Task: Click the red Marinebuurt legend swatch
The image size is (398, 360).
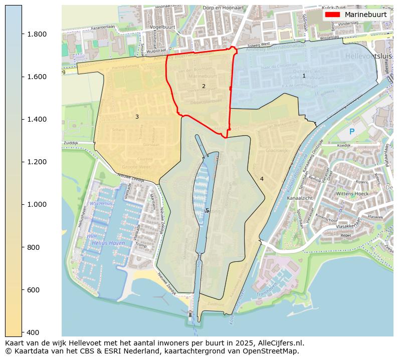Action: click(x=332, y=15)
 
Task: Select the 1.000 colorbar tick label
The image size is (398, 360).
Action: click(x=37, y=204)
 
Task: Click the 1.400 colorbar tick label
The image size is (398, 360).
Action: click(x=37, y=119)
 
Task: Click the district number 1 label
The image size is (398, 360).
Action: click(x=304, y=76)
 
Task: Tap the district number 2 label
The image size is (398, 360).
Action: click(x=204, y=86)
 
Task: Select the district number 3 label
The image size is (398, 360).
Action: click(x=137, y=117)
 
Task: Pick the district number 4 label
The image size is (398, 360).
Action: click(x=262, y=179)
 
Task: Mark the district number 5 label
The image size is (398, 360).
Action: click(x=207, y=210)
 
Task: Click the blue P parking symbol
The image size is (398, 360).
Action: click(x=352, y=132)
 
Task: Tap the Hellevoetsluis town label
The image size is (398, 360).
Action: click(x=369, y=56)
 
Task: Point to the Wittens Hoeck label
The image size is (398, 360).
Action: click(x=352, y=193)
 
